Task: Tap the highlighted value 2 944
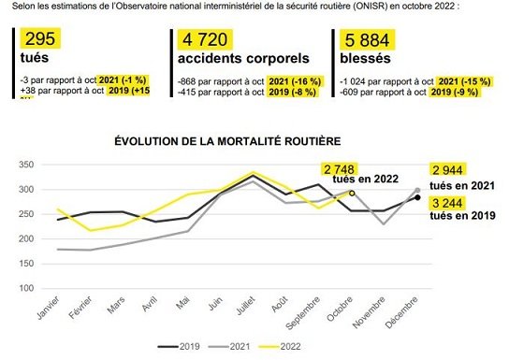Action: tap(453, 170)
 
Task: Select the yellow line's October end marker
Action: tap(352, 193)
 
